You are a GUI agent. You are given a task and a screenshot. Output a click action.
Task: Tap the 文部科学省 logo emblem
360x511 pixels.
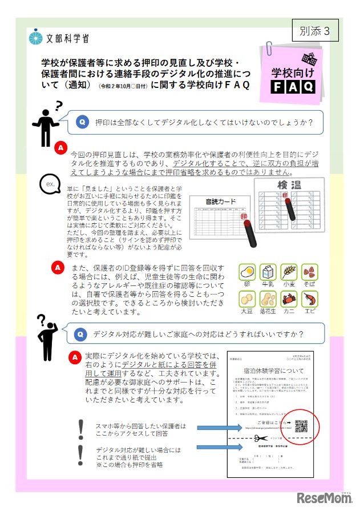(36, 38)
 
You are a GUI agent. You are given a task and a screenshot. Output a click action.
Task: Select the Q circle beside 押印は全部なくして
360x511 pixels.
(82, 122)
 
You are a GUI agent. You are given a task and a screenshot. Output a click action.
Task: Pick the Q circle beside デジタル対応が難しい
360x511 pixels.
(82, 333)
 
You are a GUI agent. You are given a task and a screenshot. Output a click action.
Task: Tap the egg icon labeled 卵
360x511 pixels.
(247, 272)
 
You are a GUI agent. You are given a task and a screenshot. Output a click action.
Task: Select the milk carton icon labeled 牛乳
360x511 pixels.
(268, 272)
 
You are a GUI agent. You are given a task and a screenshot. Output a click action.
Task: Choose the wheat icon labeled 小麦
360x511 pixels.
(289, 272)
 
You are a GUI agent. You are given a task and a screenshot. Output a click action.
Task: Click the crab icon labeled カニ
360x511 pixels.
(289, 299)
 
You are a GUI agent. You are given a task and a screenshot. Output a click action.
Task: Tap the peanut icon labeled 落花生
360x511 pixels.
(268, 299)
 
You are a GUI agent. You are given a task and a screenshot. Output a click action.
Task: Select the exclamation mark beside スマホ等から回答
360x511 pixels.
(80, 427)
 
